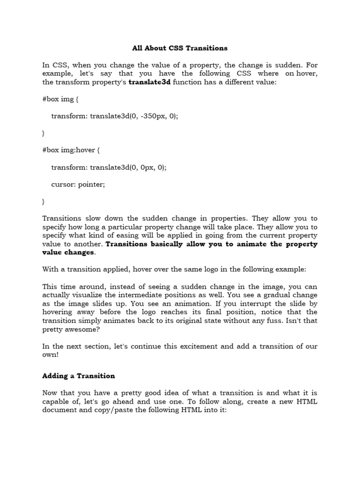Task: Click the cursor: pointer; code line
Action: (78, 184)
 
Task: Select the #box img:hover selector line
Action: (71, 150)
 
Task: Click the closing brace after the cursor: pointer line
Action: (44, 202)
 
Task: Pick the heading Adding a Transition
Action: (78, 376)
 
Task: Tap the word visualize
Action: (94, 295)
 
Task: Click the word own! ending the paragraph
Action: (50, 355)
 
